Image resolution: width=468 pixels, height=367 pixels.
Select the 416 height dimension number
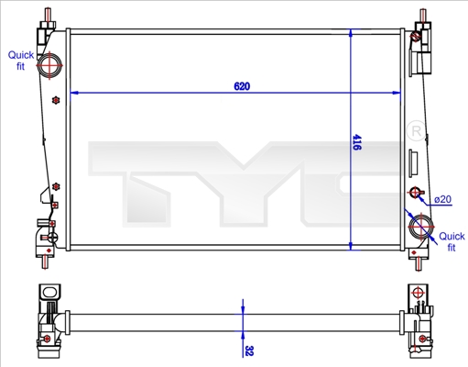(356, 143)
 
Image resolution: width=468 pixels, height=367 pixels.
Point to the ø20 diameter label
(443, 199)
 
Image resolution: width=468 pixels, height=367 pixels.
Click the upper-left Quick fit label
(21, 61)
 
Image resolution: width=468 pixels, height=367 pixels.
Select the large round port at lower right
(422, 226)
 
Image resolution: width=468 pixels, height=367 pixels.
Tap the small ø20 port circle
(415, 193)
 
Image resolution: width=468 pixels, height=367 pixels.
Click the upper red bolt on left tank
(56, 99)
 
